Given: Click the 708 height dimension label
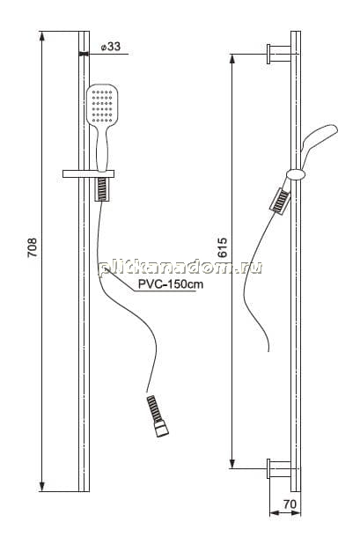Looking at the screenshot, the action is [x=32, y=247].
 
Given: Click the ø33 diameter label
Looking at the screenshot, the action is [x=111, y=47].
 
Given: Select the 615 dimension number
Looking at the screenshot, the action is [x=223, y=247].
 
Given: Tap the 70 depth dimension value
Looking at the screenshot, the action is [x=290, y=504].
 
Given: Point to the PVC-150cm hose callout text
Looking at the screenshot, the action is [x=170, y=284].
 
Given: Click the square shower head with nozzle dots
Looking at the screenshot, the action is [x=102, y=105].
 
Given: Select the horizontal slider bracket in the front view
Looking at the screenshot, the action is [x=88, y=174].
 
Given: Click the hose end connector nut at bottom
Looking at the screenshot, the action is [x=161, y=429].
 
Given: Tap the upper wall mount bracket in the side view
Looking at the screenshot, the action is [x=279, y=54].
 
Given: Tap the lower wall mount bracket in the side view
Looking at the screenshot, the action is [x=279, y=468].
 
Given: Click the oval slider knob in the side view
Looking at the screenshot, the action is [x=296, y=174].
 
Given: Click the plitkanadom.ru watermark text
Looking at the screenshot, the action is [x=180, y=268].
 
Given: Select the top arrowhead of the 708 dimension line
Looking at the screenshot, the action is [x=41, y=35].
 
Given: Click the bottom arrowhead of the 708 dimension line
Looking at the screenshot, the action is [x=41, y=487].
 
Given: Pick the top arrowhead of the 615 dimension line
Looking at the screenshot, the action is [x=232, y=59].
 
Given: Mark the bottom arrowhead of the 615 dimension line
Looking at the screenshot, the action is [x=232, y=464].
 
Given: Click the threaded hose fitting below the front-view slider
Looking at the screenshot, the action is [x=102, y=189].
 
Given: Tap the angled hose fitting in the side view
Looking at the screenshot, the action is [x=280, y=202].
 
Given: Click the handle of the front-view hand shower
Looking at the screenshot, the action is [x=102, y=148].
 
